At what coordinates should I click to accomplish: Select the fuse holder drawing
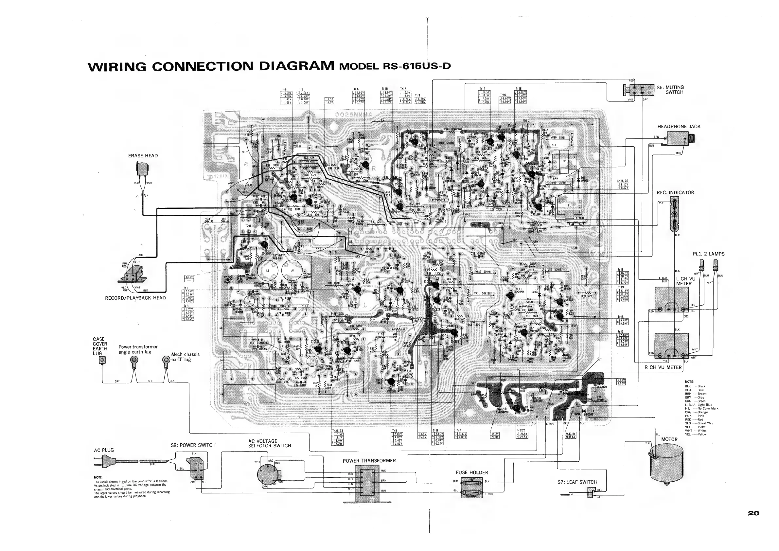pos(472,488)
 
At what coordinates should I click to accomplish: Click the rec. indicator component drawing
pos(674,214)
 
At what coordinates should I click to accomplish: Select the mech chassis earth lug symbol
pos(166,360)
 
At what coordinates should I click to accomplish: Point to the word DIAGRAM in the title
pos(296,66)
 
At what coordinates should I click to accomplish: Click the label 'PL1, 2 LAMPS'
pos(708,254)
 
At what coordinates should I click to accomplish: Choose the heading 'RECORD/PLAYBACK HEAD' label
pos(135,298)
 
